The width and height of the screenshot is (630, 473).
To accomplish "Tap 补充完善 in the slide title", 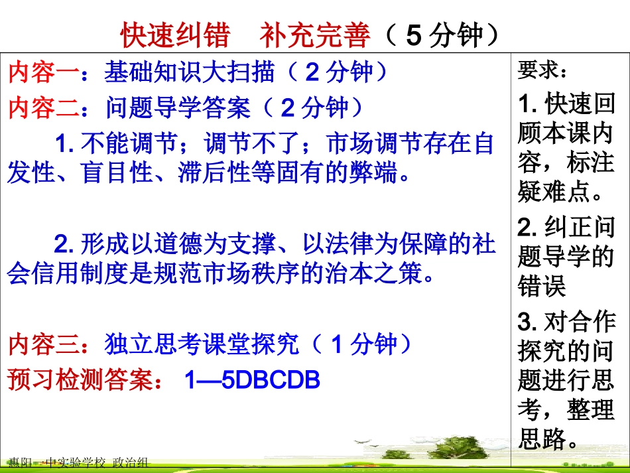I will (315, 35).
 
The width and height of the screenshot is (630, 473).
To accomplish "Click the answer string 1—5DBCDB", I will (253, 380).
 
